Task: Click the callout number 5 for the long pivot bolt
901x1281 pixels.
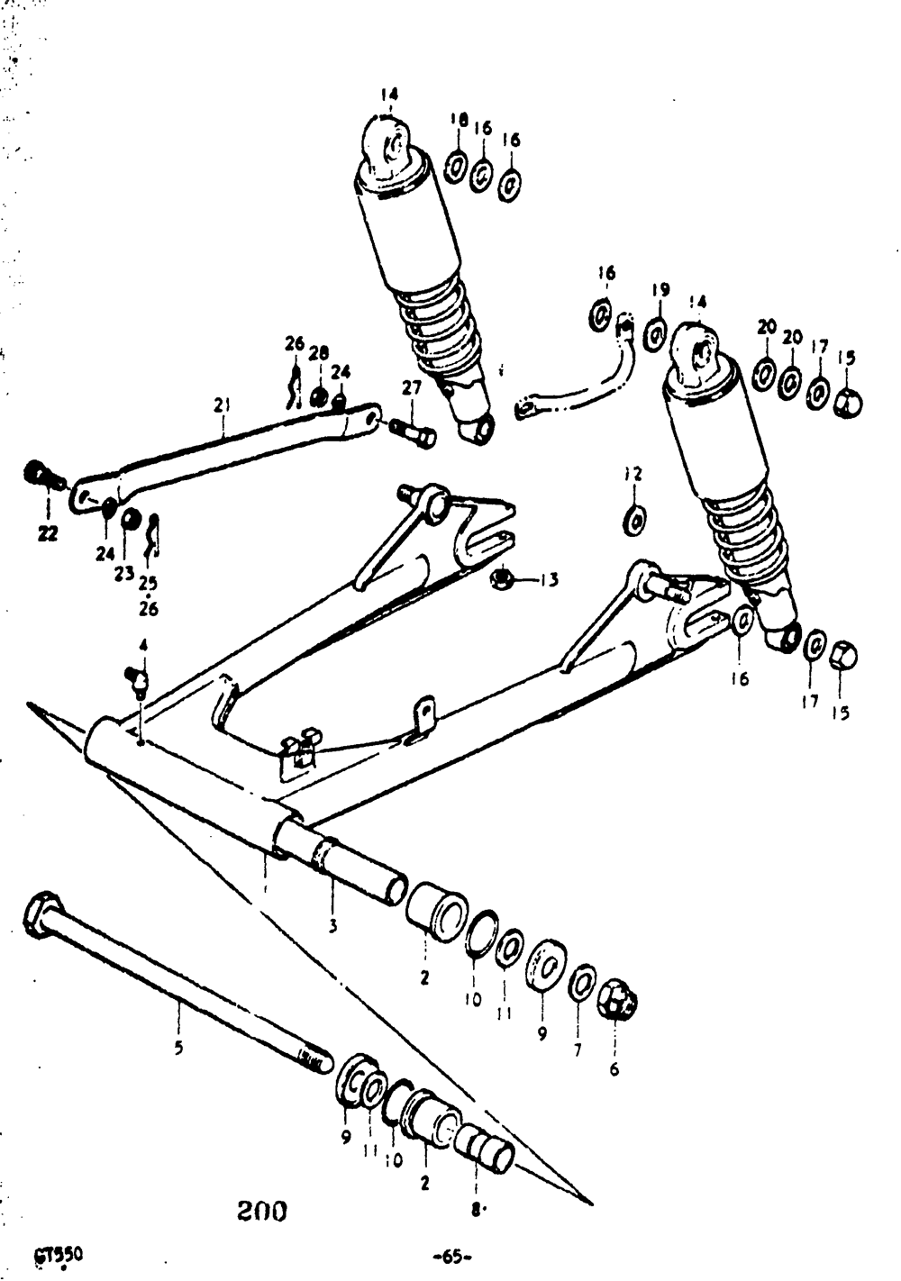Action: (177, 1047)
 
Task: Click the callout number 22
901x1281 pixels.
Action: (47, 533)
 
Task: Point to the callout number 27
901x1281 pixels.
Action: (412, 388)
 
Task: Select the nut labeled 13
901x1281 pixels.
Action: (502, 578)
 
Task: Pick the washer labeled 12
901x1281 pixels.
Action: (635, 519)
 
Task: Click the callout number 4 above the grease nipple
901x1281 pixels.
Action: (141, 644)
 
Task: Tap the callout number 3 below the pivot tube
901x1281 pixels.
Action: (332, 925)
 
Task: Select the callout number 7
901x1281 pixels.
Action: (578, 1049)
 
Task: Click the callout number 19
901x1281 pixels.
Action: (660, 289)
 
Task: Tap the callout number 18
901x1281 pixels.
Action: (459, 120)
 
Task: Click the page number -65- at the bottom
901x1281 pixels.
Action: (453, 1256)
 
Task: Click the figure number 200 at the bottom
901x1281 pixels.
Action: (262, 1211)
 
